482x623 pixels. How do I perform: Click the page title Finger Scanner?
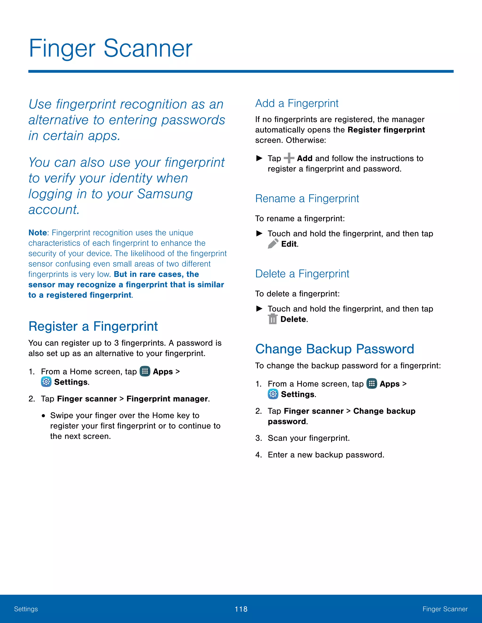tap(111, 48)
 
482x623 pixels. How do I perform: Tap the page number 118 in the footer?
tap(241, 609)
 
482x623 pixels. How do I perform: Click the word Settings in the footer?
tap(26, 609)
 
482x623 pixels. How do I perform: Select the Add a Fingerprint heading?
tap(297, 103)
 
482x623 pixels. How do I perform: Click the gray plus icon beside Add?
tap(289, 158)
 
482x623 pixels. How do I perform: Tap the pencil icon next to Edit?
tap(273, 244)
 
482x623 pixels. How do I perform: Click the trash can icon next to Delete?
tap(273, 319)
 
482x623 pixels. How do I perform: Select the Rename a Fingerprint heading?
tap(307, 199)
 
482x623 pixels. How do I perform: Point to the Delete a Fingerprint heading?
tap(302, 274)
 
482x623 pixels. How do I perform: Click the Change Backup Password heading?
tap(334, 349)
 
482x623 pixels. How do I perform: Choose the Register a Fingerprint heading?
tap(93, 326)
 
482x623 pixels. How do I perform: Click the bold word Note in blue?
tap(37, 233)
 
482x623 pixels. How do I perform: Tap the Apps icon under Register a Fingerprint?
tap(145, 371)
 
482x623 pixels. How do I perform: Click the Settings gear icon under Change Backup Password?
tap(273, 394)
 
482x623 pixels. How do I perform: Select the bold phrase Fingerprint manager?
tap(167, 399)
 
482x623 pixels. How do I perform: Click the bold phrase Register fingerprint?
tap(386, 130)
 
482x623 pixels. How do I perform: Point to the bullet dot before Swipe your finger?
tap(43, 416)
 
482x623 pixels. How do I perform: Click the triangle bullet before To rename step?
tap(259, 233)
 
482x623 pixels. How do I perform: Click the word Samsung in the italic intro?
tap(165, 194)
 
